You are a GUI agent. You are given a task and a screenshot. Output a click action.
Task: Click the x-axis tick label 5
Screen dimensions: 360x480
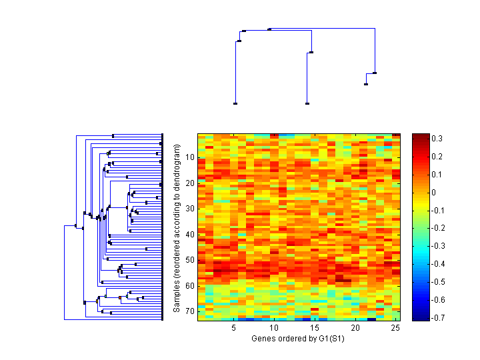(234, 329)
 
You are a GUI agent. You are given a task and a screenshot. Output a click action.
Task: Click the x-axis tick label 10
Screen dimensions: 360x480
(274, 329)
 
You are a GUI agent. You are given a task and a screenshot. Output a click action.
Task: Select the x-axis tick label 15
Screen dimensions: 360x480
(315, 329)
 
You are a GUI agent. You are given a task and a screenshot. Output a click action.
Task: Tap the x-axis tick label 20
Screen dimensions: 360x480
(355, 329)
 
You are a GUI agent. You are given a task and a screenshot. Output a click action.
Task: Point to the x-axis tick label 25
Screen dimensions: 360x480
(395, 329)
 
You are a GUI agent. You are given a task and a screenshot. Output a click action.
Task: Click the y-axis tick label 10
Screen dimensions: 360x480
(190, 157)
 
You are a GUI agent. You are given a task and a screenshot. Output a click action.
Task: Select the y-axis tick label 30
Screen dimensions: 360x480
(190, 209)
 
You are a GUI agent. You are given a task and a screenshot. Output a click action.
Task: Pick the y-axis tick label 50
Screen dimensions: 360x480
(190, 260)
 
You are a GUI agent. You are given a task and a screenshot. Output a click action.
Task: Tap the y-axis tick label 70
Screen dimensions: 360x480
(190, 311)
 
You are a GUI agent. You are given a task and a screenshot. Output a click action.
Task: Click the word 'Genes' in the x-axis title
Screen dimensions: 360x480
(262, 339)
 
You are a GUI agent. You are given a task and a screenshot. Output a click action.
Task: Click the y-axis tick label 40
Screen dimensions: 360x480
(190, 234)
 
